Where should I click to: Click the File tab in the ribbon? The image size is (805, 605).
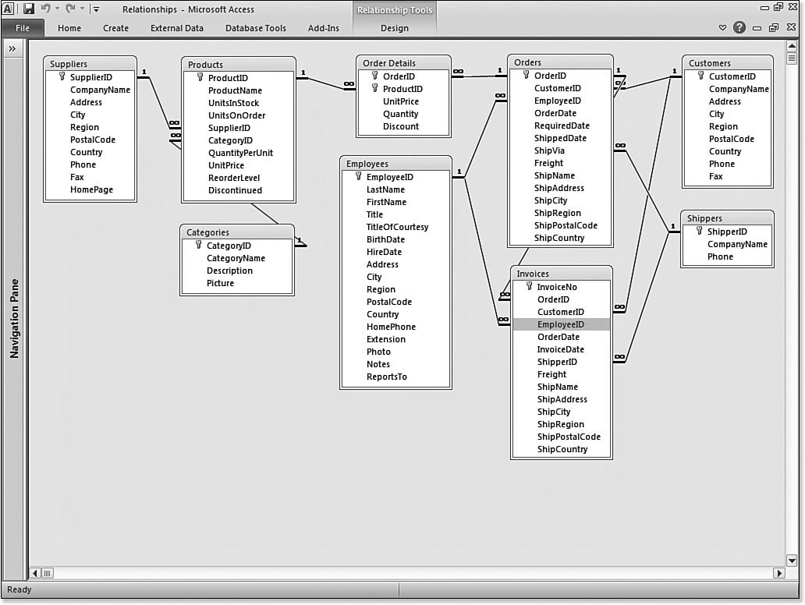click(22, 28)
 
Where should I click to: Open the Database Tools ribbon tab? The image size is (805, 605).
click(255, 28)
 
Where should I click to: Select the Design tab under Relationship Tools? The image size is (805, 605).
click(394, 28)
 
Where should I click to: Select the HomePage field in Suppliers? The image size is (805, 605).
click(91, 189)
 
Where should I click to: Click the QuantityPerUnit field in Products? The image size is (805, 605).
click(240, 153)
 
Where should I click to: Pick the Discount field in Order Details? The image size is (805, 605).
click(401, 126)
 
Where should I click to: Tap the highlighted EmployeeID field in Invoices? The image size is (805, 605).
click(561, 324)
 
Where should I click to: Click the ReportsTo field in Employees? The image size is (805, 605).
click(387, 377)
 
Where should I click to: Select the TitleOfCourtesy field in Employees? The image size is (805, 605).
click(397, 227)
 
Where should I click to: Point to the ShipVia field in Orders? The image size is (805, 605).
click(549, 150)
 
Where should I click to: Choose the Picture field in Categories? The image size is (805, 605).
click(220, 283)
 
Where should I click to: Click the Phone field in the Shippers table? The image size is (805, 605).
click(720, 257)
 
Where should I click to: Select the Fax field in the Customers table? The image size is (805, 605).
click(715, 176)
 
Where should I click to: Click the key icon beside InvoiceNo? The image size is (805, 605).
click(530, 287)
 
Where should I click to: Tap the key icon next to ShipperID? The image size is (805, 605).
click(700, 232)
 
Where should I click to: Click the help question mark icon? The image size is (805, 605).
click(739, 28)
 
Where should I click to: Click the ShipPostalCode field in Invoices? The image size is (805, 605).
click(569, 437)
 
